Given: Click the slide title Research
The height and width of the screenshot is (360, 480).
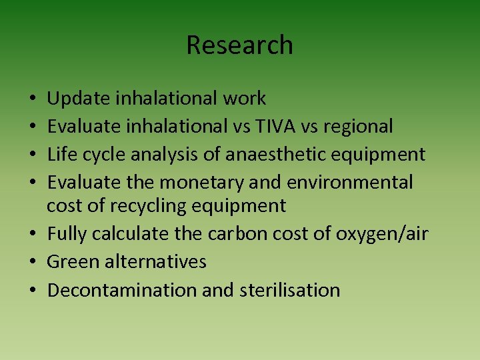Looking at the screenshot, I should pyautogui.click(x=239, y=45).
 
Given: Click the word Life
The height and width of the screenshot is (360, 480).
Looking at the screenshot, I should pyautogui.click(x=60, y=154).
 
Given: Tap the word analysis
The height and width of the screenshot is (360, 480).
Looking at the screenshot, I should pyautogui.click(x=165, y=155).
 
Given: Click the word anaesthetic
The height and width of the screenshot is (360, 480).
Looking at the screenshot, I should pyautogui.click(x=280, y=155).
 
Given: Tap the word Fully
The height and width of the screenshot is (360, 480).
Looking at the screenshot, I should pyautogui.click(x=67, y=235).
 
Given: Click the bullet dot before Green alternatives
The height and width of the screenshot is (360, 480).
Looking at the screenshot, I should pyautogui.click(x=31, y=261).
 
